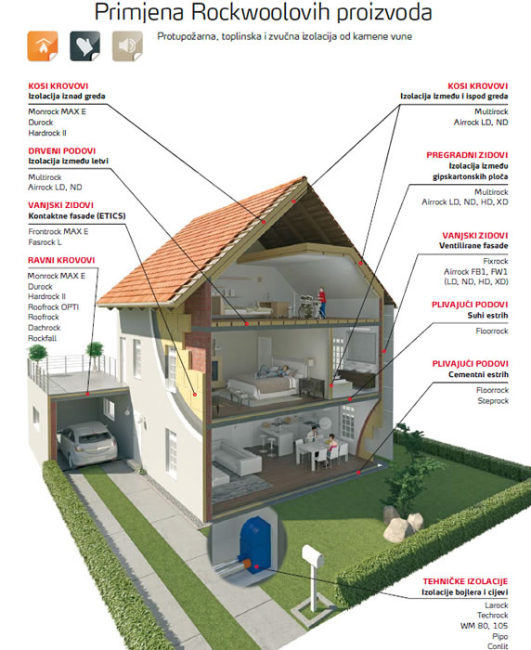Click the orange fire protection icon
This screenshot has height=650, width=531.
43,46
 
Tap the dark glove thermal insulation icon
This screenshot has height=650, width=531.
85,46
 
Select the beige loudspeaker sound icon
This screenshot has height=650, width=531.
128,46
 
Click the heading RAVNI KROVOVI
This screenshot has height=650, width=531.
61,260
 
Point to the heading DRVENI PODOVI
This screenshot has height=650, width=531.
62,150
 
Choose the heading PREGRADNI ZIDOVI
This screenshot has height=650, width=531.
467,155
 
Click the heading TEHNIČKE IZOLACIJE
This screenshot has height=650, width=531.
465,581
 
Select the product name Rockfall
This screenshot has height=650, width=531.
42,338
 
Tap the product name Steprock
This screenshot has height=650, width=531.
493,401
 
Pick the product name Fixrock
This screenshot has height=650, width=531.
496,261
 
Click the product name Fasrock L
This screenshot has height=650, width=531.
45,242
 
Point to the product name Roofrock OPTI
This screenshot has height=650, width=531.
53,307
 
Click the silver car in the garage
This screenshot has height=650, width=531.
88,443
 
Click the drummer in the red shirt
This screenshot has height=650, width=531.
322,302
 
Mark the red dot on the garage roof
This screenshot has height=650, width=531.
87,394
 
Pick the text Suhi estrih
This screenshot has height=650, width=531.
487,315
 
